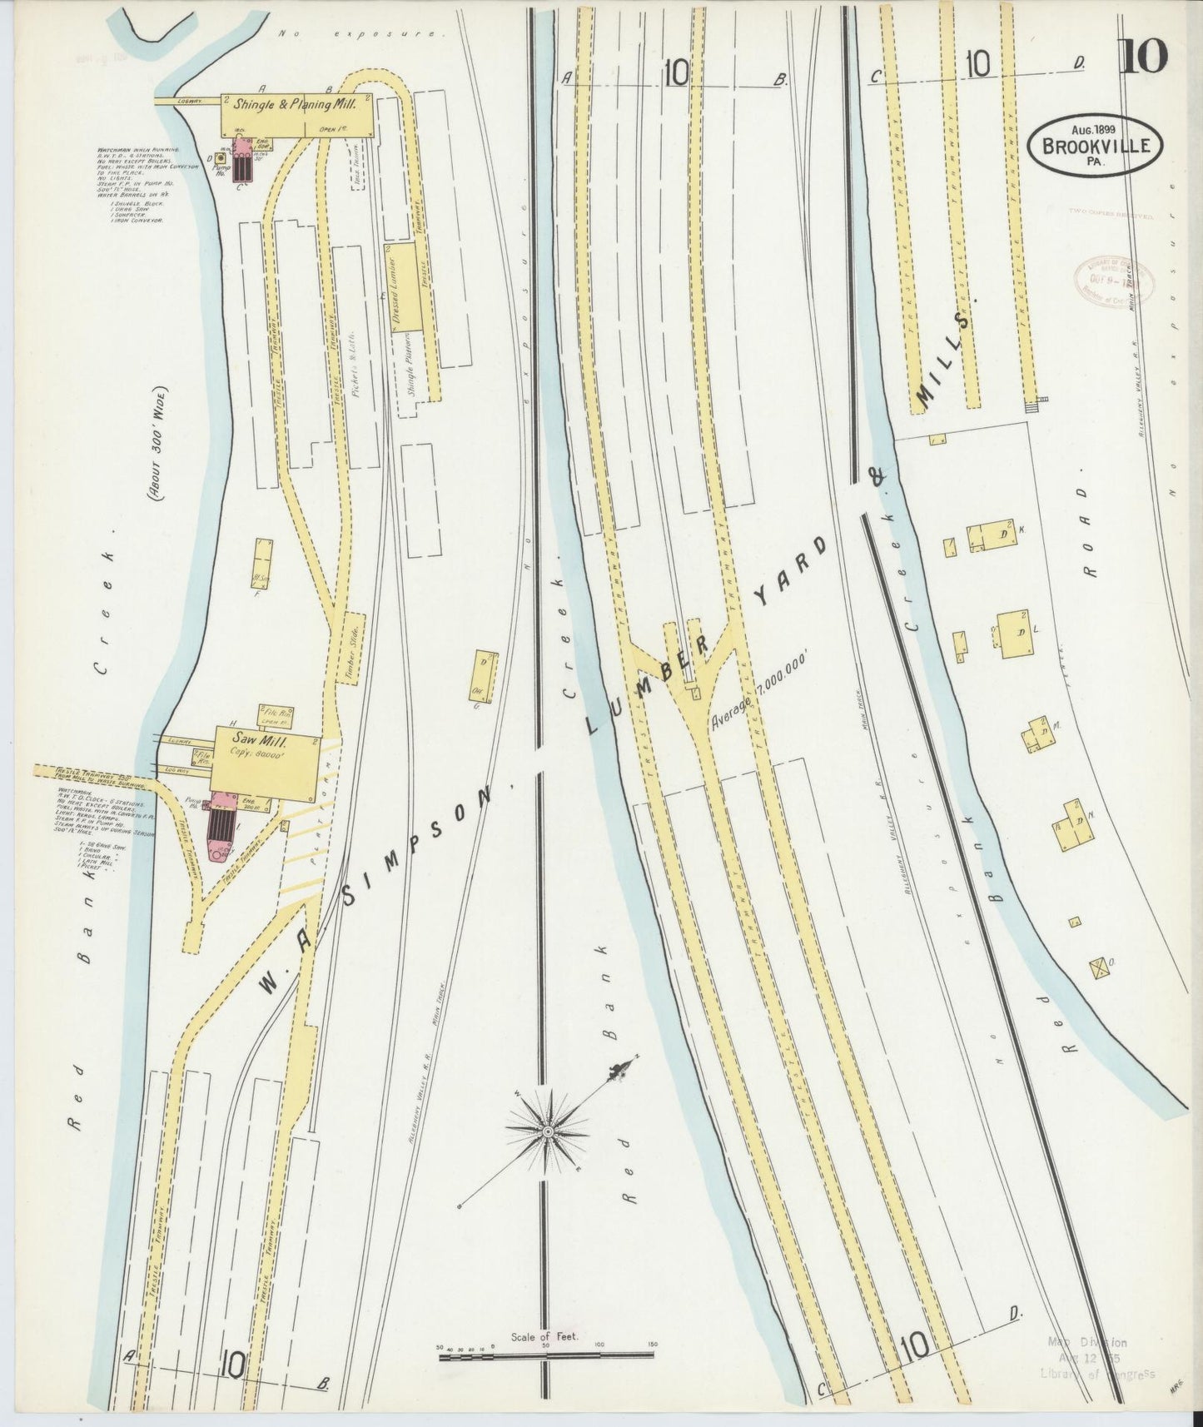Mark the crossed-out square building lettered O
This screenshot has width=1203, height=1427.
click(x=1101, y=967)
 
